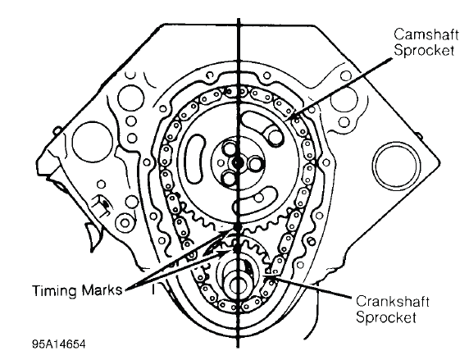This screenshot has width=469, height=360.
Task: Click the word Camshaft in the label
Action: point(426,34)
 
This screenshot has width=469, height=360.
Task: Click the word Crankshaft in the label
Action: point(393,301)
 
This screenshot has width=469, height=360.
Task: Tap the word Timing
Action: point(55,290)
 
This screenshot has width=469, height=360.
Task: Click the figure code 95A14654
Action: point(59,344)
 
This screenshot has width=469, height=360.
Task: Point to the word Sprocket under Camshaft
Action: point(424,50)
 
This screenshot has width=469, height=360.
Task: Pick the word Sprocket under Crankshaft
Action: point(386,317)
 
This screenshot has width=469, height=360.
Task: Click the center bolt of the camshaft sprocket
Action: point(238,162)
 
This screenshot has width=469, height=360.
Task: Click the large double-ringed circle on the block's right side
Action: point(396,164)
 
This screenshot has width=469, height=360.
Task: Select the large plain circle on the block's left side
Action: point(93,141)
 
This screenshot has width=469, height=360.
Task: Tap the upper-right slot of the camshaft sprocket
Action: point(263,127)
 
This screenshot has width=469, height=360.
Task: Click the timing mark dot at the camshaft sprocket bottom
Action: point(238,228)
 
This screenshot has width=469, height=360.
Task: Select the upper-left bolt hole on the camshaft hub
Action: point(230,148)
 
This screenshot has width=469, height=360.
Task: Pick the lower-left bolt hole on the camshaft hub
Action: point(230,178)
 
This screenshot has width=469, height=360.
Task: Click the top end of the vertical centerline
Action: point(239,19)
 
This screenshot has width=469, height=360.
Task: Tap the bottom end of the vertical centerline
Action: point(238,347)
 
